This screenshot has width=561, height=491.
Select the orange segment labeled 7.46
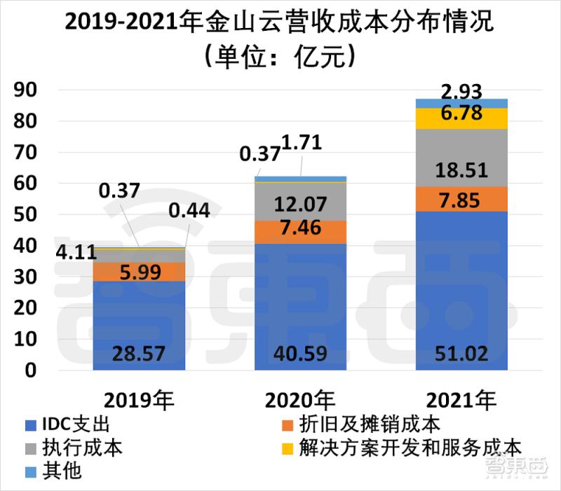pyautogui.click(x=300, y=231)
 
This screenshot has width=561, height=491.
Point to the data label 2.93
pyautogui.click(x=461, y=90)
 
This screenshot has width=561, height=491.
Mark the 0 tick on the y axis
pyautogui.click(x=32, y=371)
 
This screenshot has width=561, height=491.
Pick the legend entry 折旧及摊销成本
pyautogui.click(x=365, y=424)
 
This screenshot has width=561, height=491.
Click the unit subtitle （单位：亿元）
pyautogui.click(x=280, y=55)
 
